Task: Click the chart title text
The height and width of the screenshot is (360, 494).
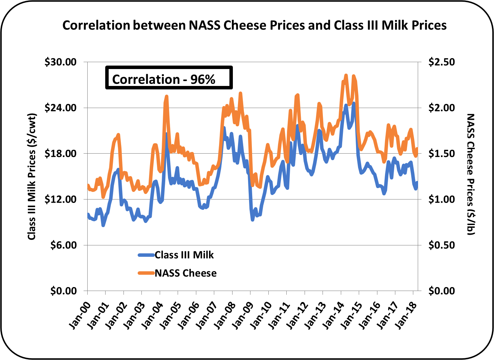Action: pos(254,26)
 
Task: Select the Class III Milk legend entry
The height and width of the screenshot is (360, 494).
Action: pos(184,255)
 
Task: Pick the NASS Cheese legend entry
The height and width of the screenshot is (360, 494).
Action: pos(186,273)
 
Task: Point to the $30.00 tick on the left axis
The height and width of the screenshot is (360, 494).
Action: pos(63,62)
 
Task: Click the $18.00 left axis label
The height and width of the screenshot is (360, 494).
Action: pos(63,154)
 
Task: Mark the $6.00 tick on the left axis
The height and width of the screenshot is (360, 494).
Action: pos(66,245)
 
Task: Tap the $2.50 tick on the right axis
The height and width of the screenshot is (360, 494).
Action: pos(442,62)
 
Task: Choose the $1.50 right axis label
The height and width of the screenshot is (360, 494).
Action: pos(442,154)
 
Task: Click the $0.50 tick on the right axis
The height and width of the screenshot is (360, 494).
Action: pos(442,245)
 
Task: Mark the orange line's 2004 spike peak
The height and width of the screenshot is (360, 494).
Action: pos(166,96)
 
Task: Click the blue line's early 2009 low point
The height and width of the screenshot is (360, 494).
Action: pos(253,220)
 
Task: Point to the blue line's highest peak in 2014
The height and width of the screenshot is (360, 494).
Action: pos(353,103)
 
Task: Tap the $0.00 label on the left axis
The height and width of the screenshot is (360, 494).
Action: pos(63,291)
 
